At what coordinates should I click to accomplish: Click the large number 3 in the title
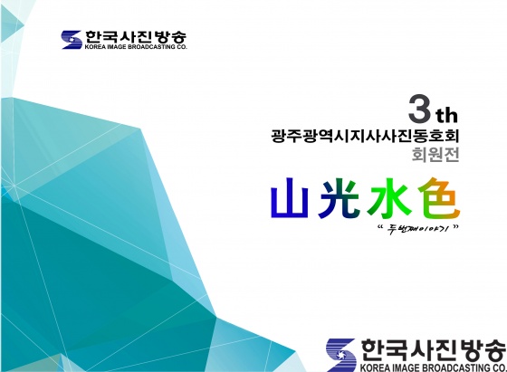[420, 109]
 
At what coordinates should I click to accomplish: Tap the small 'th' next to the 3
[447, 115]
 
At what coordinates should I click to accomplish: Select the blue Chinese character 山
[290, 198]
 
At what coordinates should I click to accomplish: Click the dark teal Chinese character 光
[339, 198]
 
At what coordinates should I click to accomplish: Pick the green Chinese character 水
[389, 198]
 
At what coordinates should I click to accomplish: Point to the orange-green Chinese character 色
[438, 198]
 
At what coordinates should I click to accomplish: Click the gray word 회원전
[435, 155]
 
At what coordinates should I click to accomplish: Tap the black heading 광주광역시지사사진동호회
[365, 136]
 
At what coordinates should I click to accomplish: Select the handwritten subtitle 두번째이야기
[418, 230]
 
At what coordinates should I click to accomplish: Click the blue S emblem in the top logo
[72, 40]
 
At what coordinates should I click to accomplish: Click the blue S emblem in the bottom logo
[341, 355]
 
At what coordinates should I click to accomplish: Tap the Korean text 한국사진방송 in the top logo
[136, 37]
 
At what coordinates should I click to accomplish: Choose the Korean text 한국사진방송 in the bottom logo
[434, 350]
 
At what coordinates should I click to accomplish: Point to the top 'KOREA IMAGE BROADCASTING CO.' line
[136, 47]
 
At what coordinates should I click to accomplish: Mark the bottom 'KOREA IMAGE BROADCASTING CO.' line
[434, 367]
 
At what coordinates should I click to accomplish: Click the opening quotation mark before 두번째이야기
[380, 226]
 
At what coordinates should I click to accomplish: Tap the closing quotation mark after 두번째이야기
[455, 226]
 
